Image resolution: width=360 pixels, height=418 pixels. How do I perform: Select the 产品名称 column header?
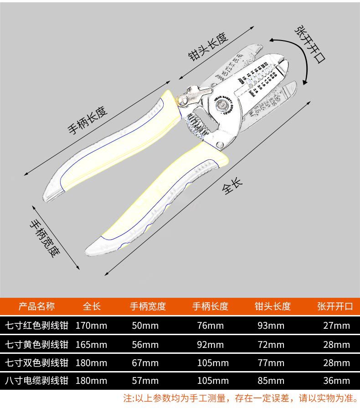pos(36,306)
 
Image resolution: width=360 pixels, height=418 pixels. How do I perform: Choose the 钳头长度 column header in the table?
pos(273,306)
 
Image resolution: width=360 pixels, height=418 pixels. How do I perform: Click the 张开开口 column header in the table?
pos(335,306)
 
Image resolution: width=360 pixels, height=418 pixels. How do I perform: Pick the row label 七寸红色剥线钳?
pos(36,326)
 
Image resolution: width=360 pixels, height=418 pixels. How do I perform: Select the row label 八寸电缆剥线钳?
pos(36,381)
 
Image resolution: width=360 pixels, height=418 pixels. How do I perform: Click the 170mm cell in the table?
pos(92,326)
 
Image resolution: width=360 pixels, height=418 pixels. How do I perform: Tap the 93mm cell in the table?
pos(273,326)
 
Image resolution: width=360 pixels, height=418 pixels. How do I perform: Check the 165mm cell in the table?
pos(92,345)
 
